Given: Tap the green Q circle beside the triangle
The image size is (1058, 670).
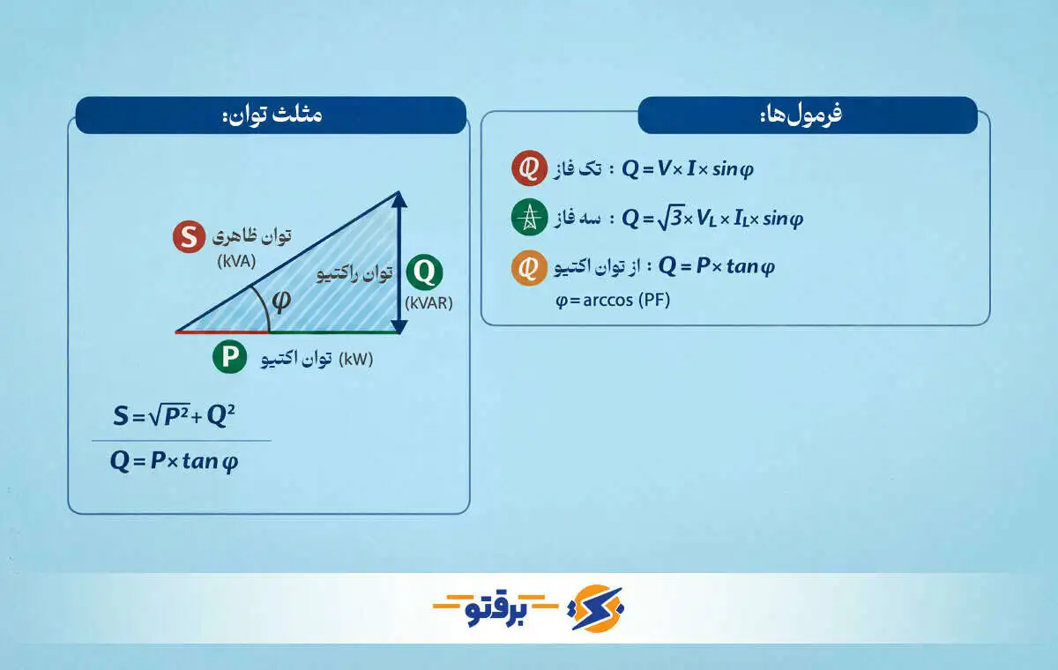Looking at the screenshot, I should click(424, 273).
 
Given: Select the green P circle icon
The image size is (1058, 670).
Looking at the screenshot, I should click(229, 357).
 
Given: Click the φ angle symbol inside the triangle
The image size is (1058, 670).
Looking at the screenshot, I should click(281, 301).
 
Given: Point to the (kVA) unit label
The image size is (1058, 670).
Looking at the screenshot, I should click(236, 261).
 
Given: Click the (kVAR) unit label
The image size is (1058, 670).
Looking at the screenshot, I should click(428, 303).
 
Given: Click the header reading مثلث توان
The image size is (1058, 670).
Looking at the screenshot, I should click(272, 115).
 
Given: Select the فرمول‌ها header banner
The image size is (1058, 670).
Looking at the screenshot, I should click(807, 115).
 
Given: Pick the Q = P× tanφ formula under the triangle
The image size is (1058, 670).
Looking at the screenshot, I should click(174, 462).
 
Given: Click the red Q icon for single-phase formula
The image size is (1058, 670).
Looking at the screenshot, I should click(528, 169).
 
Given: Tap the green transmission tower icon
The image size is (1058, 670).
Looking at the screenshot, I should click(529, 219).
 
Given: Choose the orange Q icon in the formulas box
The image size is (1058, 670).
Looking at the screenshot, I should click(528, 267).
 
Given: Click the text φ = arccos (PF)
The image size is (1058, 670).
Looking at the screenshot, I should click(613, 301).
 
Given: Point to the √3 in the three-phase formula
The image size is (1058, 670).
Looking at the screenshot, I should click(672, 218).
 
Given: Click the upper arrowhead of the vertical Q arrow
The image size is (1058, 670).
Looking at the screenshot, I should click(399, 198).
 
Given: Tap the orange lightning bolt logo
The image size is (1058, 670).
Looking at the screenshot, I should click(598, 607).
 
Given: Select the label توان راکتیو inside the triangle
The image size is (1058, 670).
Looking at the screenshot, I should click(354, 274).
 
